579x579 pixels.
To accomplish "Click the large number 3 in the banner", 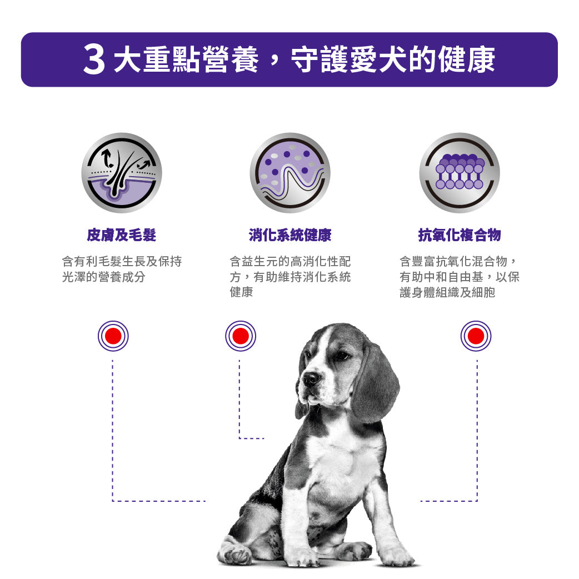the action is (94, 60).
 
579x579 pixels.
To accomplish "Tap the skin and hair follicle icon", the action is (122, 173).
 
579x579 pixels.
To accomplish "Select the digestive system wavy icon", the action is (290, 173).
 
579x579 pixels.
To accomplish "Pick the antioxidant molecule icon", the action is (460, 173).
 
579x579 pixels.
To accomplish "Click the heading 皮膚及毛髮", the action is (122, 235).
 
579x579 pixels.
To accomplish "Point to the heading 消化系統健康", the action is (290, 235).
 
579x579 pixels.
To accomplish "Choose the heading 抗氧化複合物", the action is (460, 235).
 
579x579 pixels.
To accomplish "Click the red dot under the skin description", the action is (113, 336).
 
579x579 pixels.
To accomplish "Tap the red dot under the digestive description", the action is (241, 336).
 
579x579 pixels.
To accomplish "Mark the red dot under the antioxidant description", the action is (476, 336).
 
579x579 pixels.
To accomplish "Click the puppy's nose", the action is (311, 378).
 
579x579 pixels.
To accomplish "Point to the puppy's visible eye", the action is (341, 356).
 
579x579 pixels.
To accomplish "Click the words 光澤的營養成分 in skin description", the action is (103, 277).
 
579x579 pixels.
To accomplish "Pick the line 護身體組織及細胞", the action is (447, 292).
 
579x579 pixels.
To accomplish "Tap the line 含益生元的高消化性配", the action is (290, 261).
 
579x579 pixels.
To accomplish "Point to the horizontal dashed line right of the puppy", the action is (448, 501).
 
